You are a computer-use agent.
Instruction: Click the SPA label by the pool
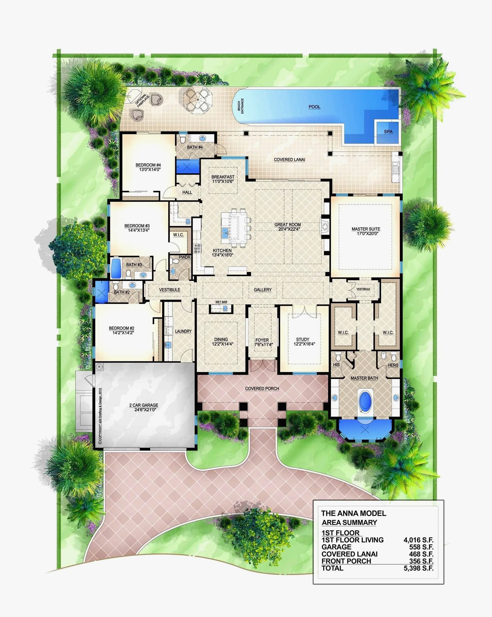[388, 132]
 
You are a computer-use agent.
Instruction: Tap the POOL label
[314, 107]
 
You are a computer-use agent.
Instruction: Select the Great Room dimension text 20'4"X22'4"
[287, 229]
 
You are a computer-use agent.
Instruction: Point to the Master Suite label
[366, 229]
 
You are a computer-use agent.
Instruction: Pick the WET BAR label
[221, 302]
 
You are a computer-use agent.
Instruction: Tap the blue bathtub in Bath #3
[116, 268]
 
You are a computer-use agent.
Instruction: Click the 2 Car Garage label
[144, 405]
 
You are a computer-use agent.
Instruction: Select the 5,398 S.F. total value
[418, 568]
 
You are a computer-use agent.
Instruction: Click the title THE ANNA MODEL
[353, 513]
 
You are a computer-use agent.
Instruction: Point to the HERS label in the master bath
[393, 365]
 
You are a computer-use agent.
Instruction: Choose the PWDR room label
[184, 257]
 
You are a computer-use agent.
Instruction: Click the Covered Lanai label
[289, 160]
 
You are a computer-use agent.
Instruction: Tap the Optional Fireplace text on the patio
[142, 100]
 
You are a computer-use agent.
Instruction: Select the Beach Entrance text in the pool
[240, 106]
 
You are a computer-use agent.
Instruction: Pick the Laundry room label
[183, 331]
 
